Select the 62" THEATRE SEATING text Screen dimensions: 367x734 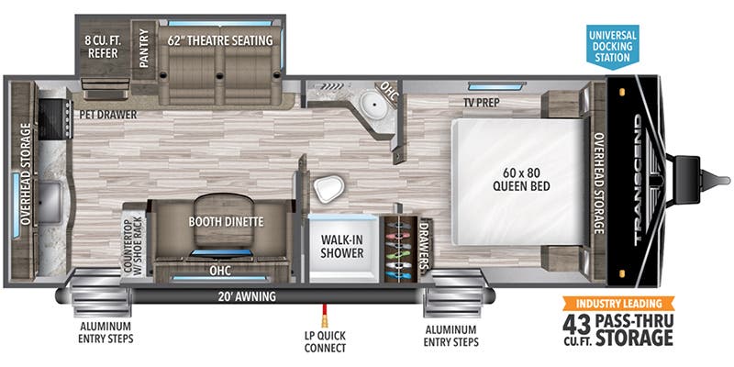pyautogui.click(x=220, y=40)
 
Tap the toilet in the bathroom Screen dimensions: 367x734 pyautogui.click(x=326, y=189)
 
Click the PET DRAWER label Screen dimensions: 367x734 pyautogui.click(x=107, y=115)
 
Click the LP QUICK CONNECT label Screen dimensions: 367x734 pyautogui.click(x=323, y=341)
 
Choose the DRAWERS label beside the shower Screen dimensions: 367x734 pyautogui.click(x=424, y=244)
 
